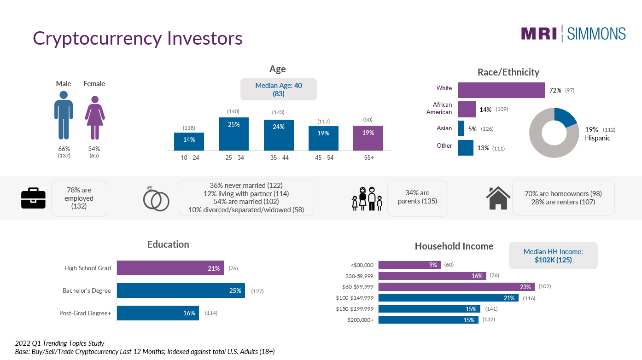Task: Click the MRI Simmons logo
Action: click(x=573, y=34)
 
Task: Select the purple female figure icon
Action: click(x=95, y=118)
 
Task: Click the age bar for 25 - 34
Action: click(x=233, y=134)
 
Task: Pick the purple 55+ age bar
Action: click(x=368, y=138)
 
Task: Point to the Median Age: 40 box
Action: click(x=279, y=89)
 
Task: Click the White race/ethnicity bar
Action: click(x=502, y=90)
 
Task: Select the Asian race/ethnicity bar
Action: click(x=461, y=128)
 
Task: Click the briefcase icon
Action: click(x=34, y=198)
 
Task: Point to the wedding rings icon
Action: click(x=156, y=199)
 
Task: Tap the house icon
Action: click(x=498, y=198)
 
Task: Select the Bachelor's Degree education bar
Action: click(x=181, y=290)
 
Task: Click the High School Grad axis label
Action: click(x=88, y=268)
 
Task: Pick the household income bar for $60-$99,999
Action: click(x=456, y=287)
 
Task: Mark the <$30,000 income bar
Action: click(x=409, y=265)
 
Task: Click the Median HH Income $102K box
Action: click(x=553, y=255)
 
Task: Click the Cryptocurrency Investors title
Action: click(x=138, y=38)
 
